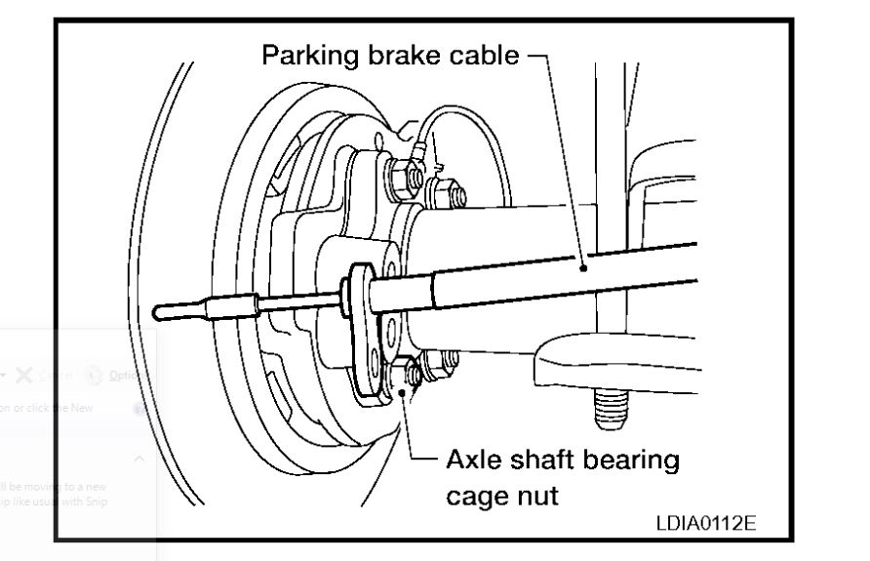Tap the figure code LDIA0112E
pyautogui.click(x=707, y=524)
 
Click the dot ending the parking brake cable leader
pyautogui.click(x=582, y=265)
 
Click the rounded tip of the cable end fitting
pyautogui.click(x=162, y=311)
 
